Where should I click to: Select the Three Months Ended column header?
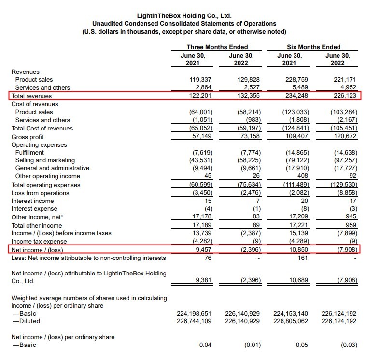coord(217,47)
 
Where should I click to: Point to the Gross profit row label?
coord(28,136)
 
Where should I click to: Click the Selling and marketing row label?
coord(45,160)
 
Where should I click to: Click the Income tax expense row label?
coord(39,241)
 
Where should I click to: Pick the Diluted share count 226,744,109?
coord(192,321)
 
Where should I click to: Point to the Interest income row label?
coord(32,201)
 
